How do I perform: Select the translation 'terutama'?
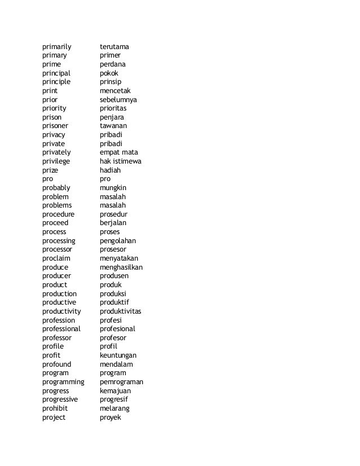118,46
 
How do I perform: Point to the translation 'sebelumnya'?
122,100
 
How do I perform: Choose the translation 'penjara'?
116,117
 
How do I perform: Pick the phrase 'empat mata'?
119,152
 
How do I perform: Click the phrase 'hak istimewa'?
121,161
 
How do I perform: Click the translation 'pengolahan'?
121,241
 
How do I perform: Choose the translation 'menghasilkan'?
121,267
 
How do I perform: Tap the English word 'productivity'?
62,311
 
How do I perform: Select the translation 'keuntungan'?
121,355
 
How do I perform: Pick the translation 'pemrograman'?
121,382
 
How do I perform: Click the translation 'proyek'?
111,417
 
